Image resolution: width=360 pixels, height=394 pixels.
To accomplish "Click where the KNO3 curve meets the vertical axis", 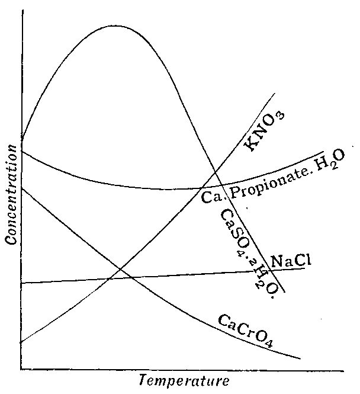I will (x=21, y=342).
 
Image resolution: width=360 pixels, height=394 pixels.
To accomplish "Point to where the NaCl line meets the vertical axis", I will (x=21, y=283).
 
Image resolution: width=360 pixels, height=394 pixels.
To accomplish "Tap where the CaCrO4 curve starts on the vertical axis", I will (x=21, y=188).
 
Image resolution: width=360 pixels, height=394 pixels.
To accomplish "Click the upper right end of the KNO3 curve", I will (x=275, y=94).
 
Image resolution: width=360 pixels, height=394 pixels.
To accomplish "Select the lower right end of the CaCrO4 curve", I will (x=300, y=358).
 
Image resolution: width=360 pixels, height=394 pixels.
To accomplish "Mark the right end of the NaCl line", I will (x=305, y=268).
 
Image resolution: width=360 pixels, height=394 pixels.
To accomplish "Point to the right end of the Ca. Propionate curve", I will (x=324, y=152).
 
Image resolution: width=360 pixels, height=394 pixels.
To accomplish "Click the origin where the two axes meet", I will (x=21, y=369).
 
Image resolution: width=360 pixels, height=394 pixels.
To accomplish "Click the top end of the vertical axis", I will (x=21, y=11).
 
